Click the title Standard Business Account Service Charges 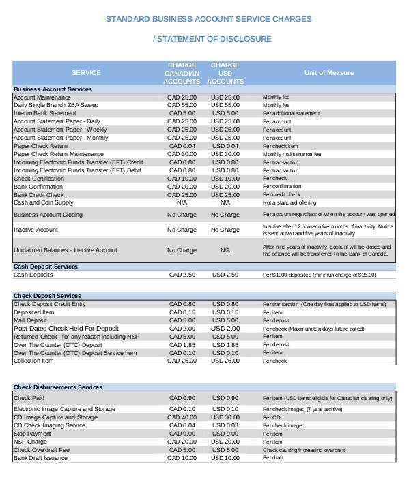[209, 19]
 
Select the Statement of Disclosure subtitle [212, 39]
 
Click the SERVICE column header [86, 72]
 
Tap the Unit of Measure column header [328, 72]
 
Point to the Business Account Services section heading [53, 89]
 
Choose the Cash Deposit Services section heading [46, 267]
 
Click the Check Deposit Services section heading [47, 296]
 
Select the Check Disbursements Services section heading [57, 387]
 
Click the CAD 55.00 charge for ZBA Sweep [182, 106]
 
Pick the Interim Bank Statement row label [45, 114]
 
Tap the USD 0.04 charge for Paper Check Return [225, 146]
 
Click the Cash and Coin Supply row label [43, 202]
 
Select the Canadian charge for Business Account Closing [182, 215]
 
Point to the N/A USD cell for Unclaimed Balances [225, 250]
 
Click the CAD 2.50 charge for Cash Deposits [182, 275]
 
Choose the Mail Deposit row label [31, 320]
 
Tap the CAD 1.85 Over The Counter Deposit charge [182, 345]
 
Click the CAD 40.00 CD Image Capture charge [182, 417]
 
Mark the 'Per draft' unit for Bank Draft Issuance [272, 457]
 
